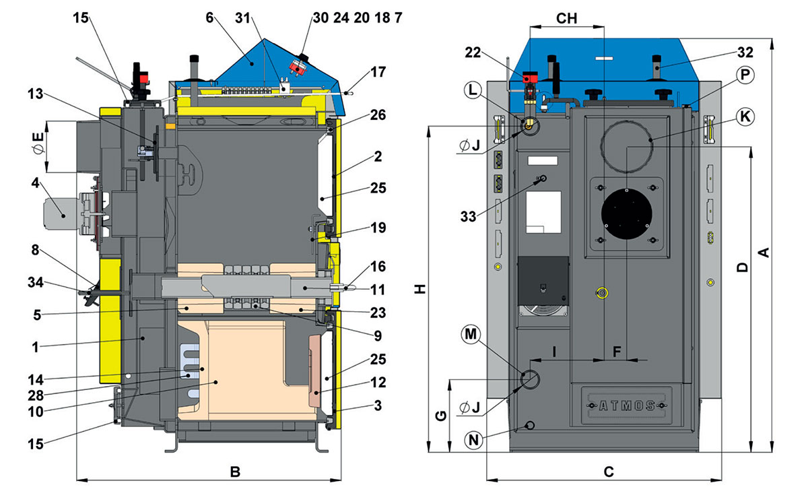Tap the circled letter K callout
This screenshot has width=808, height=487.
click(x=743, y=116)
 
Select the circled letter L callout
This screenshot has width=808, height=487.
click(x=473, y=89)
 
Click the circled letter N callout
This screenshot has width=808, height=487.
click(x=474, y=440)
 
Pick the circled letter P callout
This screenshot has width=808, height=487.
click(x=743, y=75)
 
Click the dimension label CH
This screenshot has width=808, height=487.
click(x=567, y=18)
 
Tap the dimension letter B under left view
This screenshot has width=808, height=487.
click(x=234, y=472)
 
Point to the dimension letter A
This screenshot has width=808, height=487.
click(x=764, y=252)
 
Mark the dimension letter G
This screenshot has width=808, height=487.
click(x=438, y=416)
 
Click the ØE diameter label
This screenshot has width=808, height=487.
click(x=38, y=146)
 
